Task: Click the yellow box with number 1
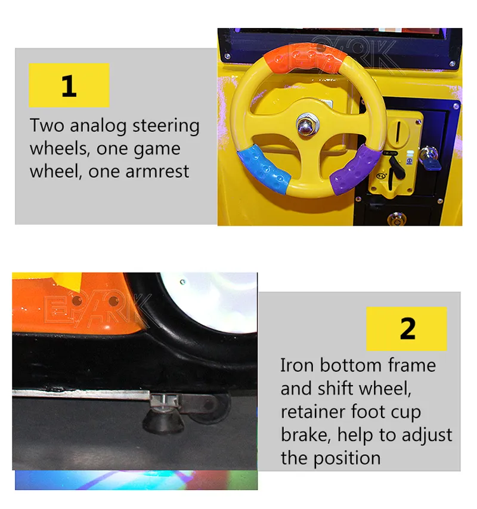pos(69,85)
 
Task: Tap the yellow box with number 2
pos(407,329)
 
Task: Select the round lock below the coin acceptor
pos(394,218)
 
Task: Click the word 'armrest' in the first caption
pos(159,171)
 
